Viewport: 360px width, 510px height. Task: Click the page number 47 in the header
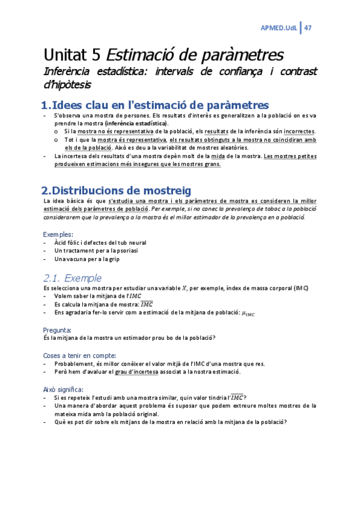point(307,28)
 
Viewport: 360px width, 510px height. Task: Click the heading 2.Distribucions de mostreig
point(117,191)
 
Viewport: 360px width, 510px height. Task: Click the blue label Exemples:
point(58,233)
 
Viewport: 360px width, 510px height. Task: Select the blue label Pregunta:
point(57,330)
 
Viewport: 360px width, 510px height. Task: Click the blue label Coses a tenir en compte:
point(79,355)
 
